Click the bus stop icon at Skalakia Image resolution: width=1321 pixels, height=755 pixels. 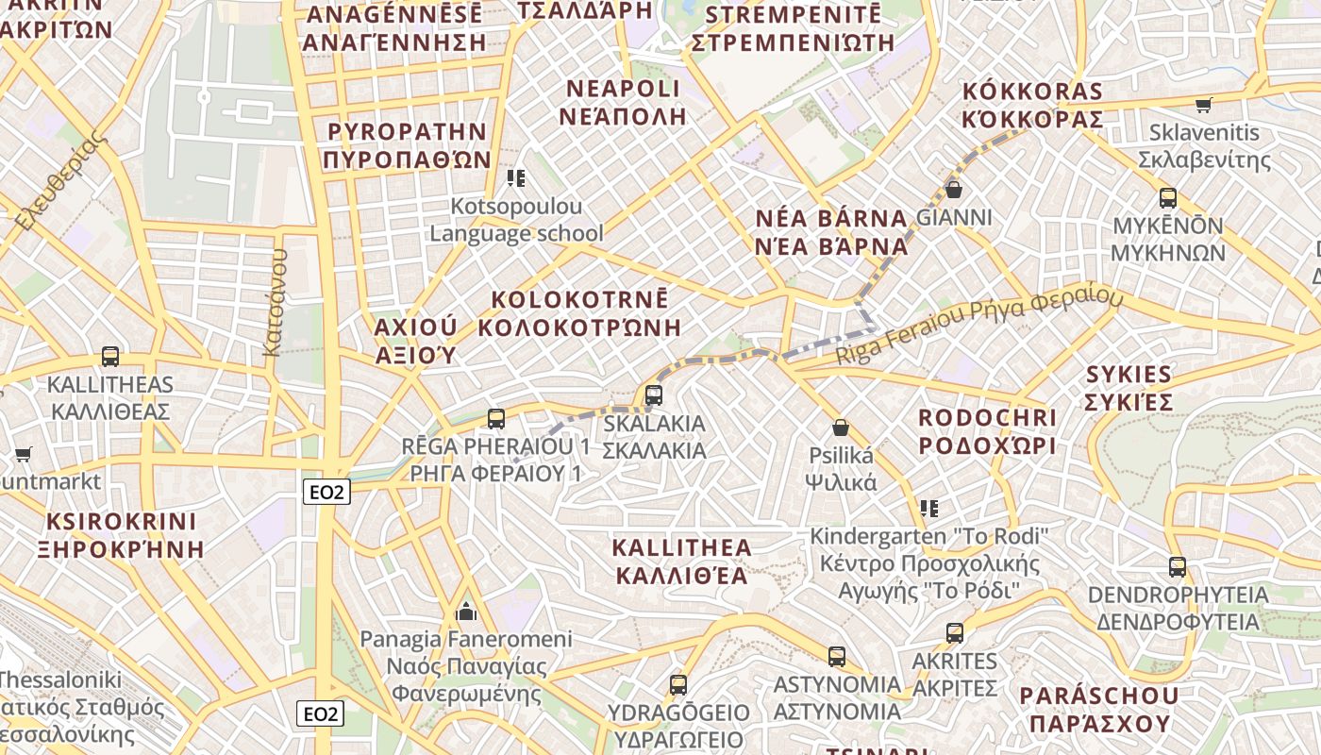(x=653, y=395)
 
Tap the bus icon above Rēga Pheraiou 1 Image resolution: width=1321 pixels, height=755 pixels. (x=496, y=418)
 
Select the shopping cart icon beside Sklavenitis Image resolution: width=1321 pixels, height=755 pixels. (x=1203, y=105)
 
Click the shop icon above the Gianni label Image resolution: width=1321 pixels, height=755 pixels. (x=954, y=190)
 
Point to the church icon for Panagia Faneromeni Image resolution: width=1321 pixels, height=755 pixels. (x=466, y=612)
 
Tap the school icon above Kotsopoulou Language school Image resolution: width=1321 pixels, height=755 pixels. (x=515, y=177)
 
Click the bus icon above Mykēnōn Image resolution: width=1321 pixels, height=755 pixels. (x=1168, y=198)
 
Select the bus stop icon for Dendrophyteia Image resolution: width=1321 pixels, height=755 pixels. (x=1178, y=566)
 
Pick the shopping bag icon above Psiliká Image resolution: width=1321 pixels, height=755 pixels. (x=841, y=428)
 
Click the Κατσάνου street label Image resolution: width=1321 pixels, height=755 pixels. (x=274, y=302)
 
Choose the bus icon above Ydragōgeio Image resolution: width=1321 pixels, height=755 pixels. (x=678, y=685)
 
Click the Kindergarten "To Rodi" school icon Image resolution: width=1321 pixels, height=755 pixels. (x=929, y=509)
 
